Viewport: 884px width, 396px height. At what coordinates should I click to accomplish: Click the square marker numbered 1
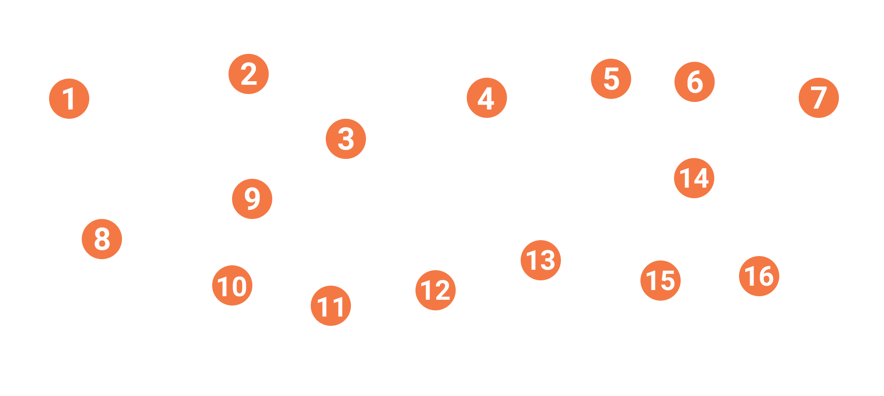point(69,98)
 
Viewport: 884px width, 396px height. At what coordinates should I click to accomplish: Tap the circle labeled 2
point(249,74)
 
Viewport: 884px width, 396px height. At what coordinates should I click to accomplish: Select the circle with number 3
point(346,139)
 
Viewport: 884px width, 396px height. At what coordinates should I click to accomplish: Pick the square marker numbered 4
point(487,98)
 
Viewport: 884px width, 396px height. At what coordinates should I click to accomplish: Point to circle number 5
point(611,79)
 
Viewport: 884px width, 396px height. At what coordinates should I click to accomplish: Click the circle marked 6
point(694,82)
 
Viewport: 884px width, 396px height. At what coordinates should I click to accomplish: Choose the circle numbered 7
point(819,98)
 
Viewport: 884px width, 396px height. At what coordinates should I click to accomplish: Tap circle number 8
point(102,239)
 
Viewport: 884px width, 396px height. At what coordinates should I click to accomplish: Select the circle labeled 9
point(252,199)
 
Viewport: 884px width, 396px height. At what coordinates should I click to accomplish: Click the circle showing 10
point(232,285)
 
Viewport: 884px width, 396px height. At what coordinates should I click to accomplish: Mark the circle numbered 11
point(331,305)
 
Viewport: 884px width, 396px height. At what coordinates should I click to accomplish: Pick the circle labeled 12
point(435,290)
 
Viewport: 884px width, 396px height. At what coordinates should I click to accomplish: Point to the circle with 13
point(541,260)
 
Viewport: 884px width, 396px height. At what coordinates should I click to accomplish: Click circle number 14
point(694,178)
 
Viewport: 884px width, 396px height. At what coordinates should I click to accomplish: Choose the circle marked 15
point(660,280)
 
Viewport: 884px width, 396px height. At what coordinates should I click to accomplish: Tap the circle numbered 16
point(759,276)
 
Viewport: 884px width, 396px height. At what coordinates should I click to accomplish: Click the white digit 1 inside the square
point(69,98)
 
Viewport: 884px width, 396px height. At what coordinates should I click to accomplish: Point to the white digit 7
point(819,98)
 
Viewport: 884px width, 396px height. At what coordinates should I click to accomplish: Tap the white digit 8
point(102,239)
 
